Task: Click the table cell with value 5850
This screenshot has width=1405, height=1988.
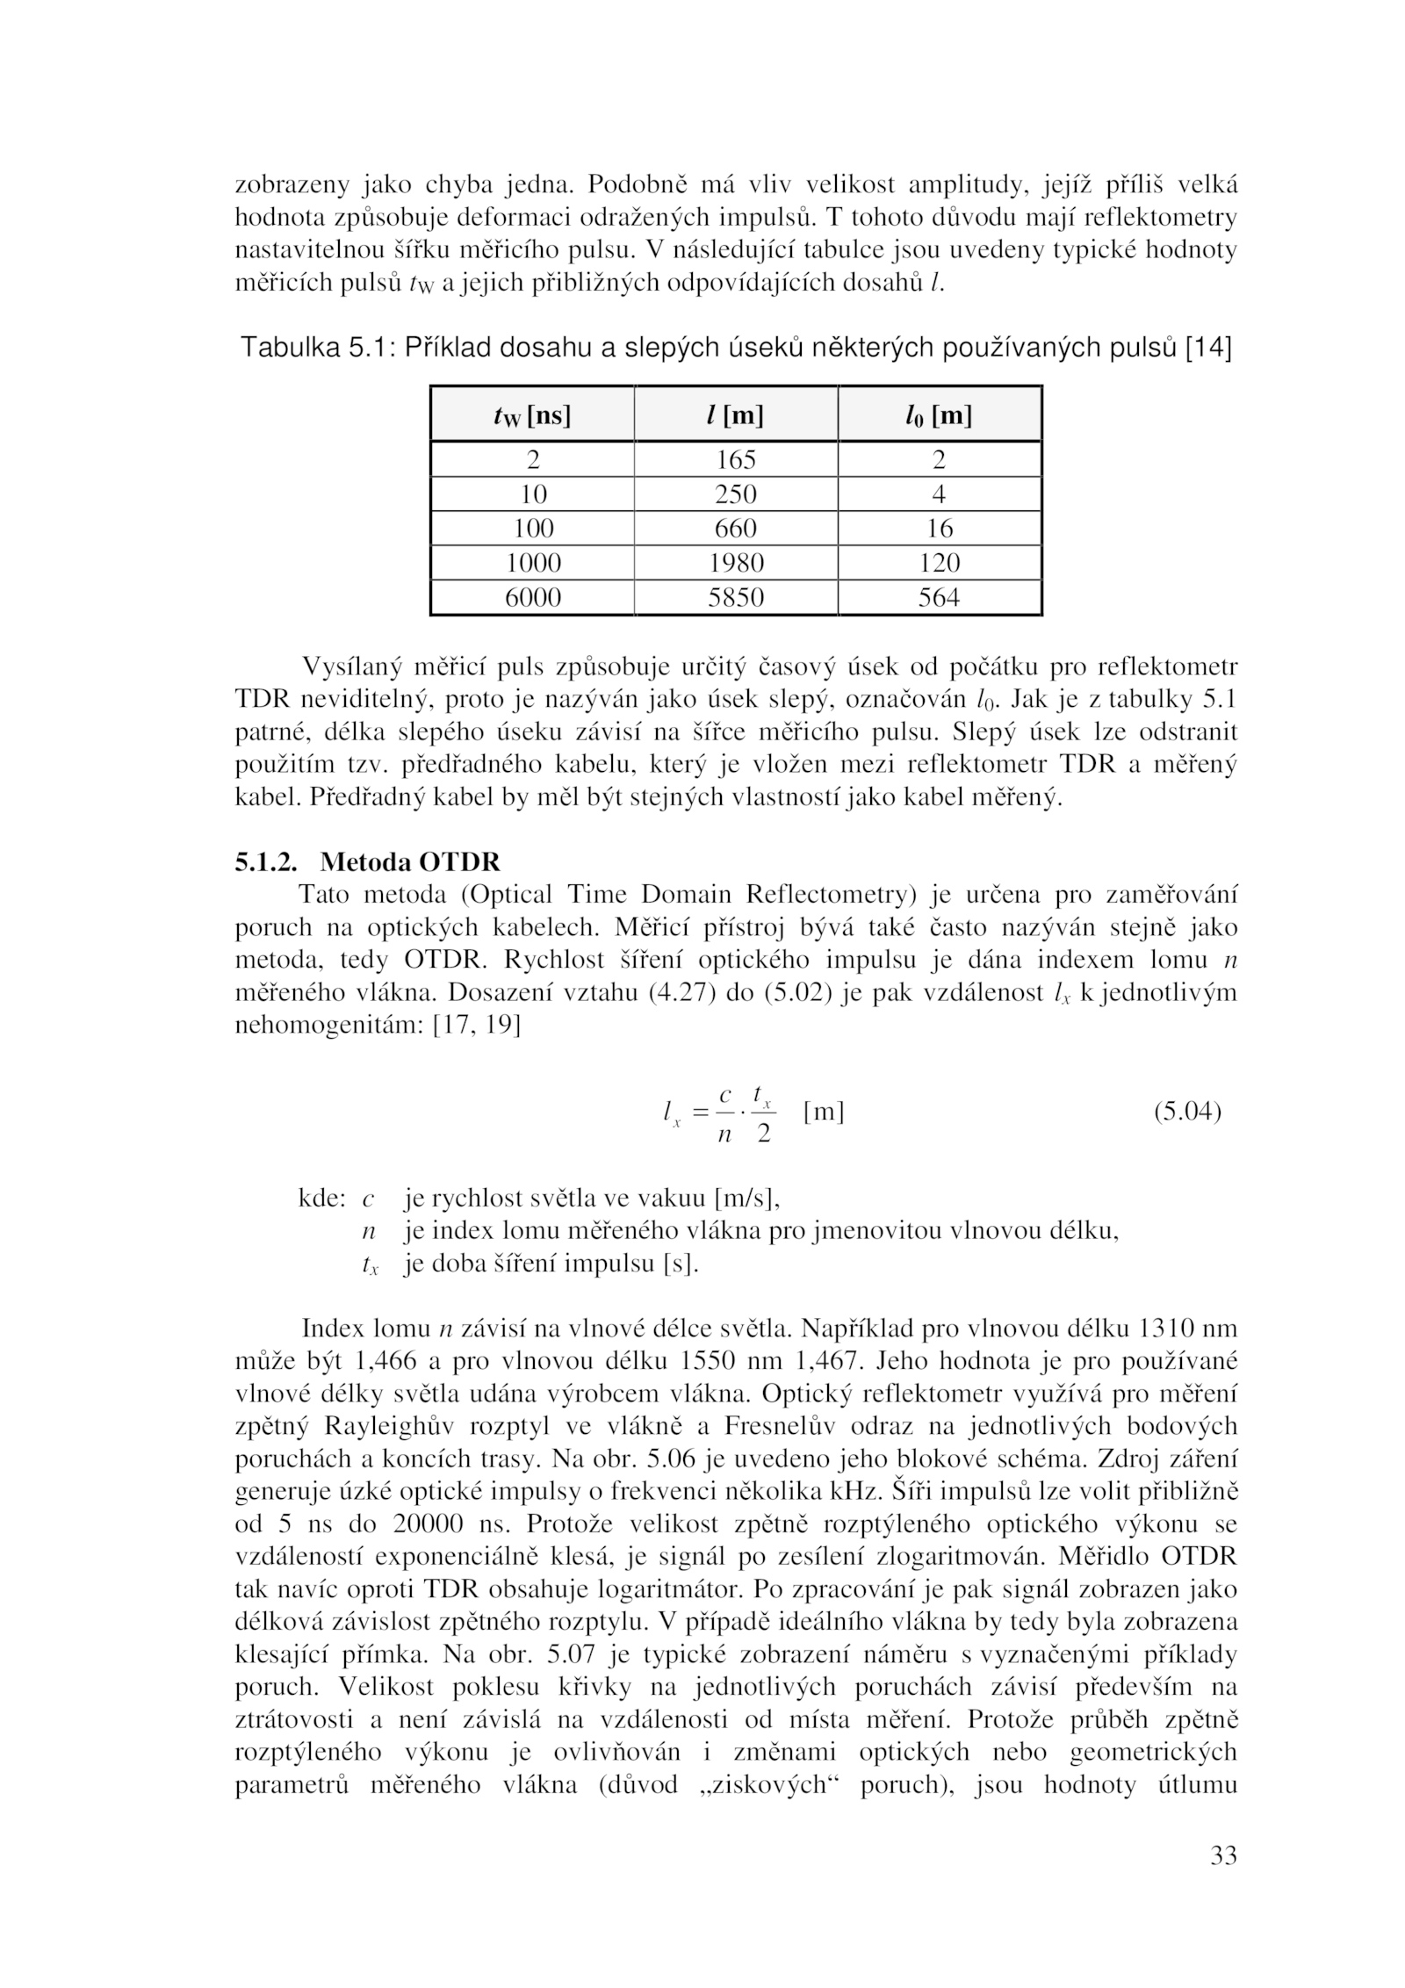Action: [x=735, y=598]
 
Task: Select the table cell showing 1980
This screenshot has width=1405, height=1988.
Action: [x=735, y=563]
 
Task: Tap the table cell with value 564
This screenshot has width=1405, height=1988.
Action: [x=939, y=598]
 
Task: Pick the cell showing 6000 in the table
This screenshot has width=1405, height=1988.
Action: [x=533, y=598]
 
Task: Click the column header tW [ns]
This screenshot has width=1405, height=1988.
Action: [x=532, y=414]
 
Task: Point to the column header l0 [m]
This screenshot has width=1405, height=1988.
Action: [x=939, y=414]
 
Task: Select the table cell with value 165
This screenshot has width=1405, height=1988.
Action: [x=735, y=459]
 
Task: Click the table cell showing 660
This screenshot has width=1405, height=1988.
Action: [x=735, y=529]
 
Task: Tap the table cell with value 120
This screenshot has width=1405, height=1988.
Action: [x=939, y=563]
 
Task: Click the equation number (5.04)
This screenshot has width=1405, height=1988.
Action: [x=1186, y=1113]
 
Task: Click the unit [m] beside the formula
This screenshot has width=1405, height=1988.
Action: [x=823, y=1113]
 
